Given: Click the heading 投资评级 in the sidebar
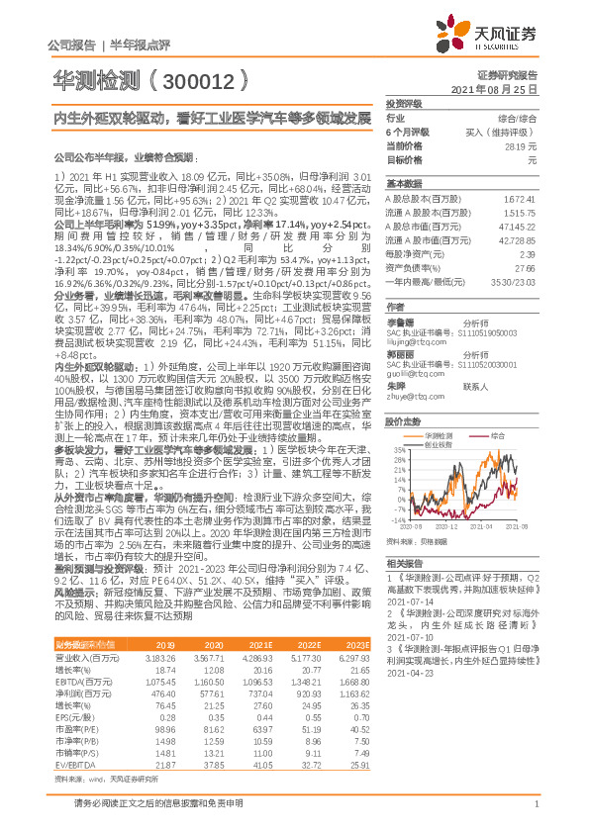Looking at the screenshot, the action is pyautogui.click(x=404, y=103).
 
